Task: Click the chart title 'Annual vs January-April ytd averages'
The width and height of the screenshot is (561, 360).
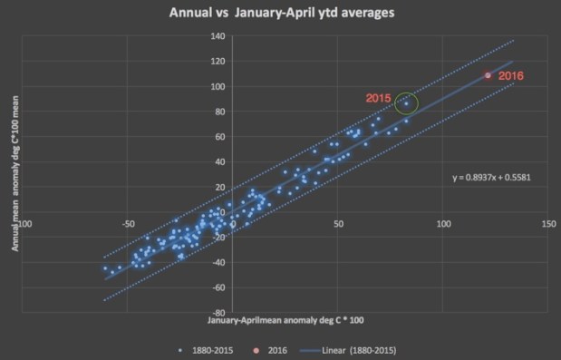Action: pyautogui.click(x=279, y=15)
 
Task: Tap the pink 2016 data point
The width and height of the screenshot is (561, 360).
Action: pyautogui.click(x=488, y=76)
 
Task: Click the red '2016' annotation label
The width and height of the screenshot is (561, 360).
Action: pyautogui.click(x=512, y=76)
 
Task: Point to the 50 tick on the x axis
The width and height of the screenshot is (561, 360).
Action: pyautogui.click(x=337, y=224)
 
